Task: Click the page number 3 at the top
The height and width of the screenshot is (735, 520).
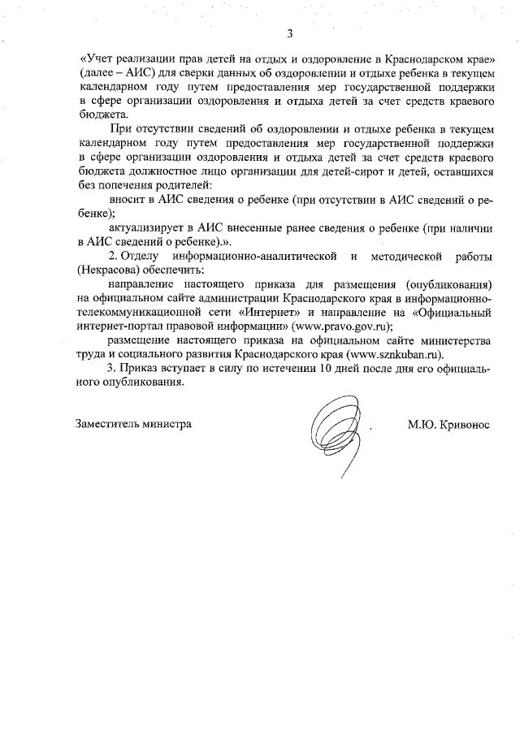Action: (289, 34)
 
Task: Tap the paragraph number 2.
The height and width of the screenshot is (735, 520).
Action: (113, 257)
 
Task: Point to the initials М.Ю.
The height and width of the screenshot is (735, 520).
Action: (422, 425)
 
